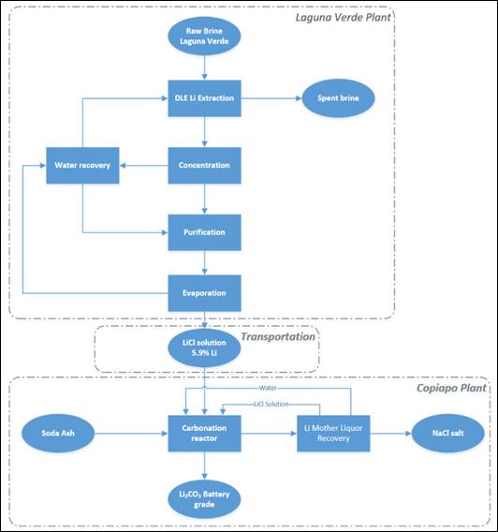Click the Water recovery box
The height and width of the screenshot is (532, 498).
(x=82, y=167)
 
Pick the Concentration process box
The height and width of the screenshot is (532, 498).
(x=204, y=166)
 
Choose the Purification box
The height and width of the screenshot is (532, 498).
(x=204, y=230)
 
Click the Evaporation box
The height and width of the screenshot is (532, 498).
(x=204, y=293)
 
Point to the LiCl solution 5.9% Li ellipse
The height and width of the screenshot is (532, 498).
(x=204, y=351)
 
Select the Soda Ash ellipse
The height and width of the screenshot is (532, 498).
(x=60, y=436)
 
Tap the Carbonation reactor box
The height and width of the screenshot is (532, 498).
(x=204, y=436)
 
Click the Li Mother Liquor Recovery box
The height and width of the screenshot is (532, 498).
(x=334, y=436)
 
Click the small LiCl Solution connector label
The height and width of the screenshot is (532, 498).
(x=273, y=406)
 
